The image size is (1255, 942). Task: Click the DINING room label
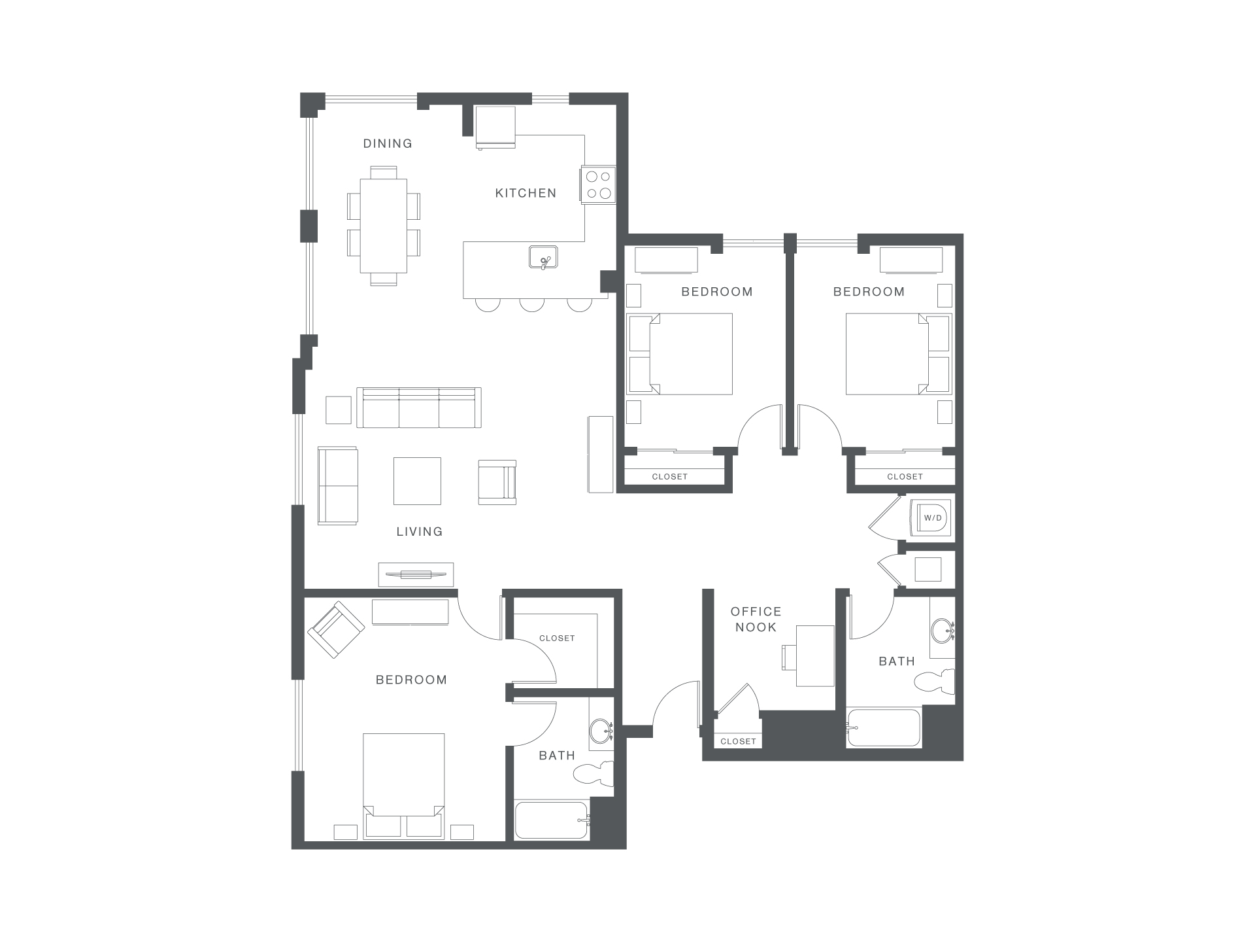point(388,143)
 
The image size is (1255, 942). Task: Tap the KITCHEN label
point(526,193)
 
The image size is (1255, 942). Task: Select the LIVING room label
point(420,531)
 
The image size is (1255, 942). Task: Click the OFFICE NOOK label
point(756,619)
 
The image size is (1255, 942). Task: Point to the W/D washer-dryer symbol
point(932,518)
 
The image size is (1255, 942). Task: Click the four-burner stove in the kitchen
point(598,184)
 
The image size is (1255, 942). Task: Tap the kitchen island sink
point(543,257)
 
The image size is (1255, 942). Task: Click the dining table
point(384,226)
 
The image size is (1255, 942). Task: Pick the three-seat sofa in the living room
point(419,408)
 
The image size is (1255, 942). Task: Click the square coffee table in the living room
point(417,481)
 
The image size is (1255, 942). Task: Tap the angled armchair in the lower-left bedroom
point(336,629)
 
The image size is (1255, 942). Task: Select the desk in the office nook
point(814,655)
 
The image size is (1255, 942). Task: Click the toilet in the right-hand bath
point(936,682)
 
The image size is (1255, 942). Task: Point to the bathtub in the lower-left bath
point(551,820)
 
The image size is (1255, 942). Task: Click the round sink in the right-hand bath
point(941,631)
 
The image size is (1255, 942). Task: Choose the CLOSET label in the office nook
point(738,741)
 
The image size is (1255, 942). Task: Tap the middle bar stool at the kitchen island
point(532,304)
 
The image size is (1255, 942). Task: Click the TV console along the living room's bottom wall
point(416,574)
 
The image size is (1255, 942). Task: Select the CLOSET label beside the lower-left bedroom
point(557,638)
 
